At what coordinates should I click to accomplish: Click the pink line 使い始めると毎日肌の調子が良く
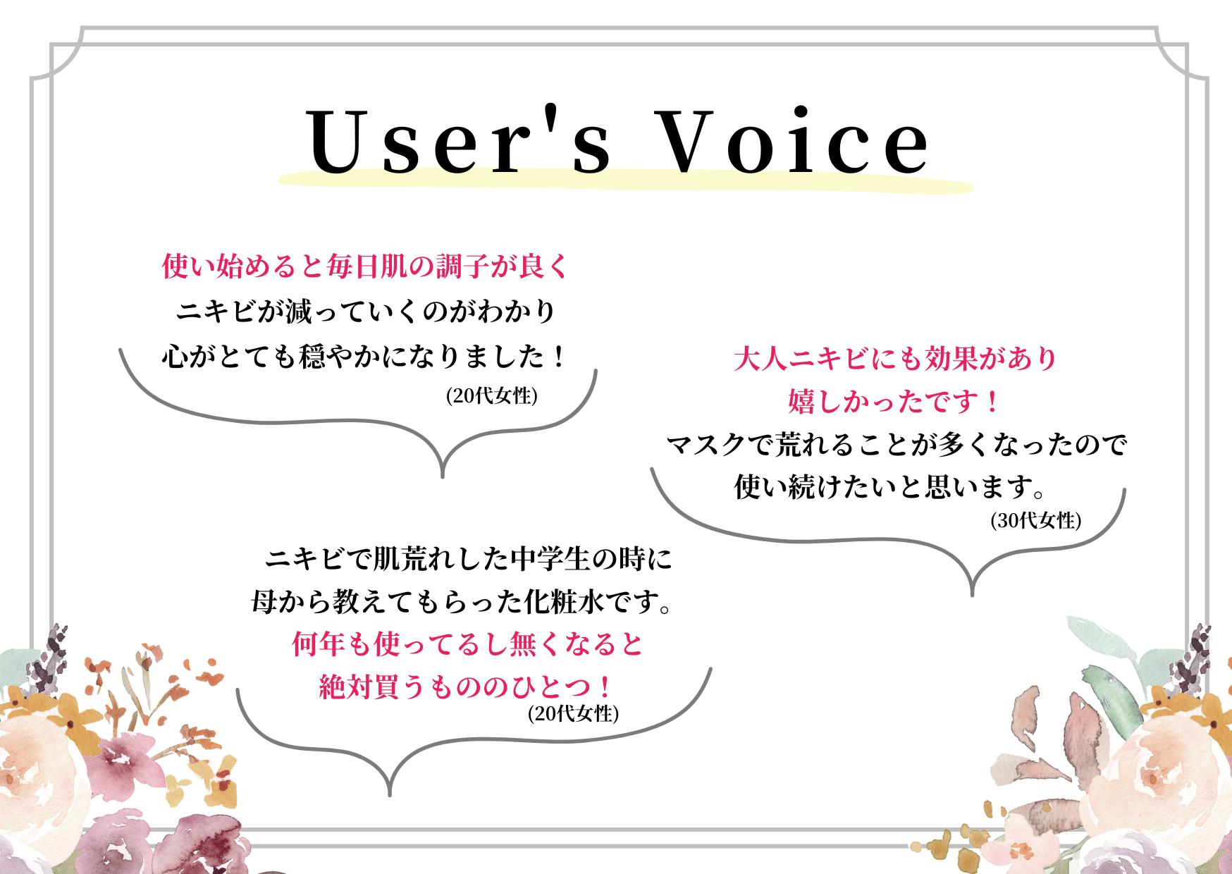point(364,266)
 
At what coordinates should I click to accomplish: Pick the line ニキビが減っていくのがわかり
point(366,311)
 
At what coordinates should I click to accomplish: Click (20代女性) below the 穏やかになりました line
point(492,395)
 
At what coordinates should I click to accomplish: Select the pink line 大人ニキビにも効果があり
point(895,359)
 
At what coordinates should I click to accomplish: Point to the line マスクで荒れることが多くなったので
point(896,444)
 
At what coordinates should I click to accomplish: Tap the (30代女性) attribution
point(1036,520)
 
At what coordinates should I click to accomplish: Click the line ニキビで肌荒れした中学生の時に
point(468,559)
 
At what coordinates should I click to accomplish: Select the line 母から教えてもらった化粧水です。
point(462,602)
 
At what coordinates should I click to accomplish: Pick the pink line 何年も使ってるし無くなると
point(468,644)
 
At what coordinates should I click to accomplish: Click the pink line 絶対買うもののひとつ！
point(467,687)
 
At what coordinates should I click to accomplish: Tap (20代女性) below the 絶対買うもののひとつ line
point(574,713)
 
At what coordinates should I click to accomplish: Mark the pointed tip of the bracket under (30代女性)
point(972,596)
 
